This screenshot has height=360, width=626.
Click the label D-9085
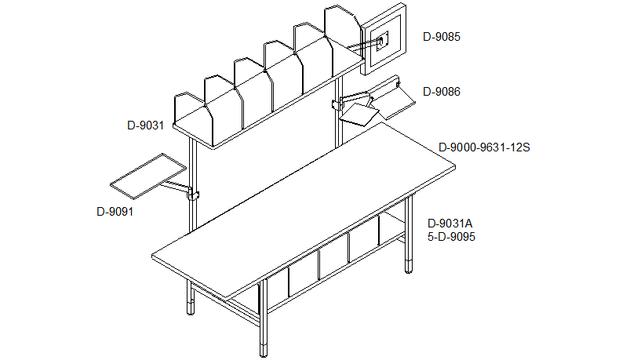coord(442,36)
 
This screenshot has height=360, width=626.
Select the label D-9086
coord(442,92)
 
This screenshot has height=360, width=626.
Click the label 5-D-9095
coord(452,236)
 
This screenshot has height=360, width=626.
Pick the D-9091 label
coord(115,211)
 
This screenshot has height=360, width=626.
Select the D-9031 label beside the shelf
coord(145,124)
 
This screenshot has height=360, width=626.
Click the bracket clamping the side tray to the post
coord(193,194)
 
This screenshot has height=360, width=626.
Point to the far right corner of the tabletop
coord(456,167)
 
